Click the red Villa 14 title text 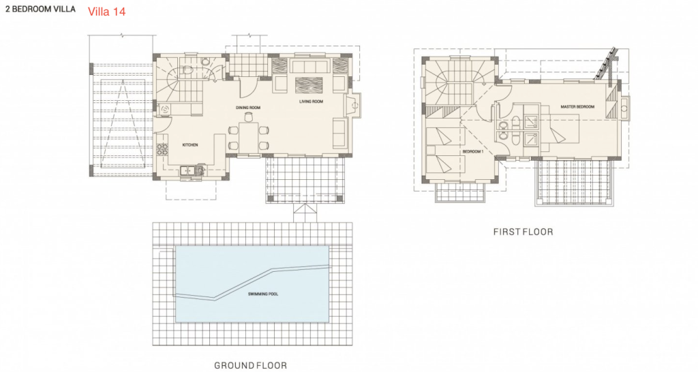(107, 12)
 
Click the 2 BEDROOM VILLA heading (40, 9)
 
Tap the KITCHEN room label (190, 145)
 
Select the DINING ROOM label (248, 108)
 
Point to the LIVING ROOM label (311, 102)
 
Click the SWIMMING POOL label (263, 294)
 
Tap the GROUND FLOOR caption (251, 365)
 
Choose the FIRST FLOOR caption (523, 232)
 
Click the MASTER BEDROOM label (577, 107)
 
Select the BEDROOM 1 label (473, 152)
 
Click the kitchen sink (189, 170)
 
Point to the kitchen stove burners (162, 149)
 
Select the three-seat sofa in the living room (310, 66)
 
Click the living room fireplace (354, 106)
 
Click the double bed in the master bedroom (564, 129)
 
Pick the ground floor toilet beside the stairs (187, 71)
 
